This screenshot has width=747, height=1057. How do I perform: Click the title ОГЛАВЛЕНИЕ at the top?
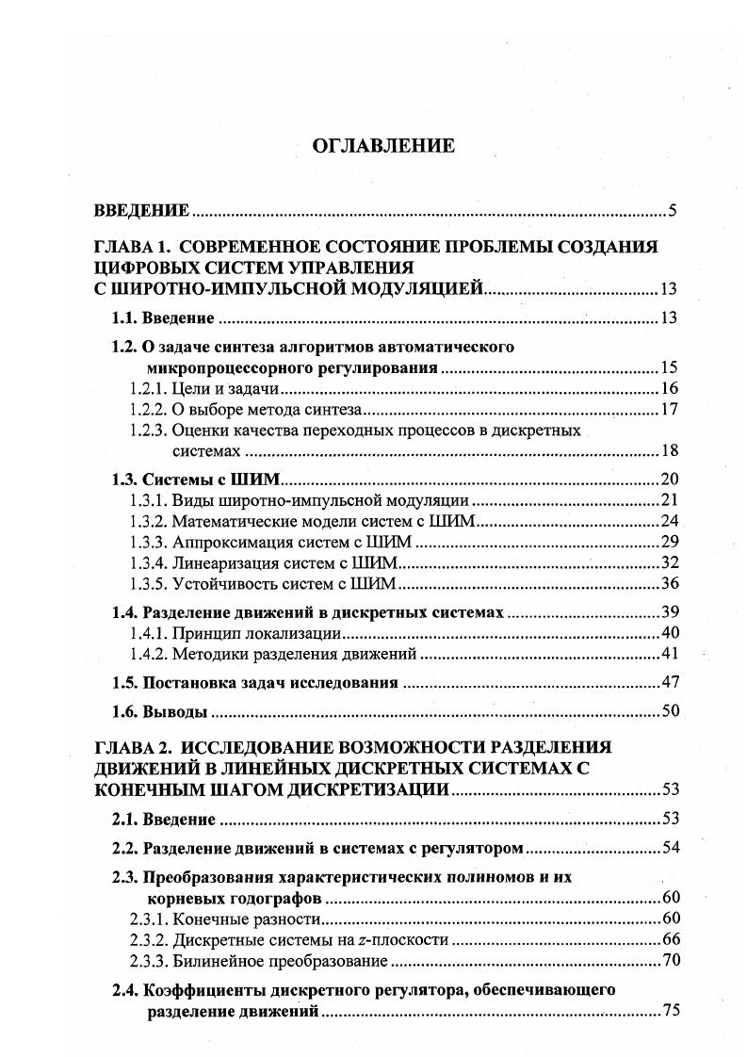point(382,145)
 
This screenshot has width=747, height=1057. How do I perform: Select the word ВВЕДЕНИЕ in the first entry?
point(142,210)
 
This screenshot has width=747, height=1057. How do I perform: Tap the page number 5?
point(672,210)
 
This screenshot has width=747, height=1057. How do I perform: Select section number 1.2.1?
point(148,388)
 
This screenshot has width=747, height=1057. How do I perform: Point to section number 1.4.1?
point(148,633)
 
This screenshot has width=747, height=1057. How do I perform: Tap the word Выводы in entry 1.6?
point(174,711)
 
